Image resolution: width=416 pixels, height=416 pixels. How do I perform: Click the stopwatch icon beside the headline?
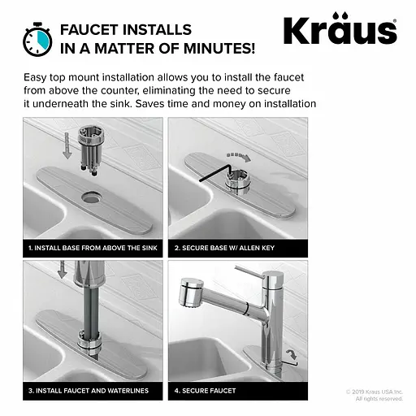pyautogui.click(x=37, y=40)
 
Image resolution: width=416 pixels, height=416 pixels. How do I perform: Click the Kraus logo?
pyautogui.click(x=340, y=28)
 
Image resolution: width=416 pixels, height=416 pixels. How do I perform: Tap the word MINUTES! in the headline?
pyautogui.click(x=219, y=49)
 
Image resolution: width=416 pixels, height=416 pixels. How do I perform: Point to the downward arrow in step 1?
pyautogui.click(x=67, y=145)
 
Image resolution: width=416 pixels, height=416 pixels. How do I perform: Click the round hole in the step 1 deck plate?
pyautogui.click(x=91, y=197)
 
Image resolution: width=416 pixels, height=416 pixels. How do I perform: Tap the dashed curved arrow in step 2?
pyautogui.click(x=239, y=156)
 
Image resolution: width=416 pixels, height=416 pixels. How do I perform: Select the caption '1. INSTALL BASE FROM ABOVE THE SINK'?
pyautogui.click(x=93, y=248)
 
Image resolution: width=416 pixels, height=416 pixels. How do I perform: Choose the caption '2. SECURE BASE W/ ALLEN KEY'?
pyautogui.click(x=224, y=248)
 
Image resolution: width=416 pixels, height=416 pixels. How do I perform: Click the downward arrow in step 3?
pyautogui.click(x=63, y=270)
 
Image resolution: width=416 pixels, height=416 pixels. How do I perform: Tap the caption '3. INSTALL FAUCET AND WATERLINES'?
pyautogui.click(x=89, y=391)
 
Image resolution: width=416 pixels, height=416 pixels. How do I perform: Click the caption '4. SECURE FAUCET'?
pyautogui.click(x=205, y=391)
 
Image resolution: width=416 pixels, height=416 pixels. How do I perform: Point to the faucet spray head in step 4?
pyautogui.click(x=191, y=292)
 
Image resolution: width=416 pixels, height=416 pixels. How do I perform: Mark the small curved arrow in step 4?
pyautogui.click(x=292, y=353)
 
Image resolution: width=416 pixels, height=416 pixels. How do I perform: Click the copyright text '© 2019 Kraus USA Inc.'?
pyautogui.click(x=375, y=392)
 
